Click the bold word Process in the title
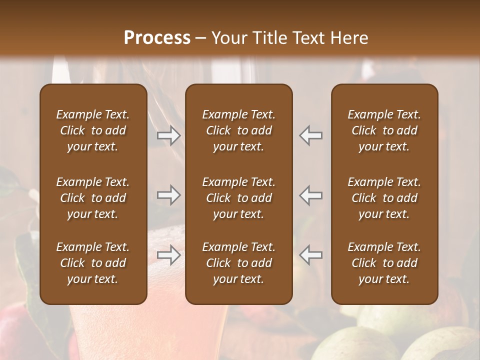[157, 38]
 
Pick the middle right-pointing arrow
[169, 195]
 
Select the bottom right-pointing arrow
[169, 255]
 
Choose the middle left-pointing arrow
[311, 195]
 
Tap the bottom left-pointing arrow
[311, 255]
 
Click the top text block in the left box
[93, 130]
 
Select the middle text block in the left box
[93, 198]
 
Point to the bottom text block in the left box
[93, 263]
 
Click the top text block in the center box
[238, 130]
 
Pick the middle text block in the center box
[238, 198]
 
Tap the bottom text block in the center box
[238, 263]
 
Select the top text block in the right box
[384, 130]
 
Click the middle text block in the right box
[384, 198]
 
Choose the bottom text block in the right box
[384, 263]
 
